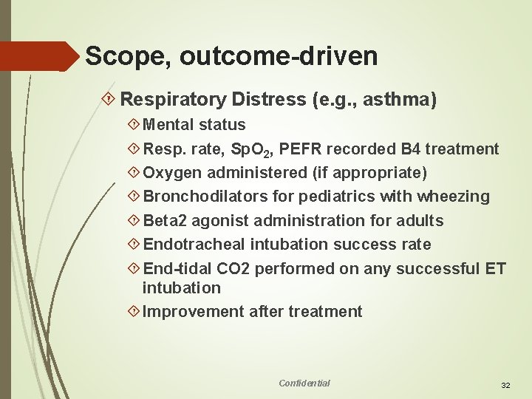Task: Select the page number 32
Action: pyautogui.click(x=506, y=386)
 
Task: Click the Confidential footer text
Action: pyautogui.click(x=304, y=383)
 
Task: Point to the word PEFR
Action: pyautogui.click(x=304, y=149)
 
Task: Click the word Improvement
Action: pyautogui.click(x=188, y=312)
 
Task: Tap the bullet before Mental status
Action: pyautogui.click(x=134, y=125)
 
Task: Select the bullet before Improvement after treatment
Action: pyautogui.click(x=134, y=312)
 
